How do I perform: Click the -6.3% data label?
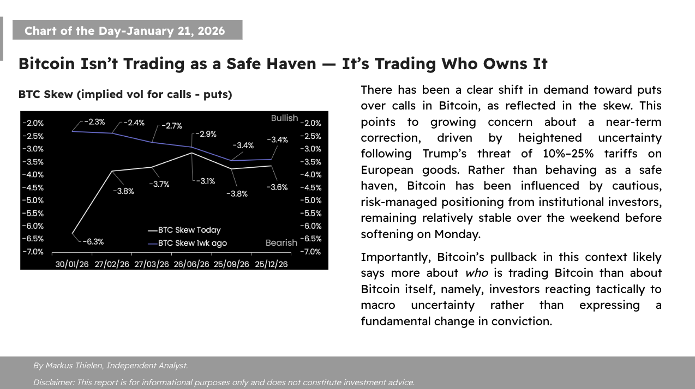click(x=94, y=242)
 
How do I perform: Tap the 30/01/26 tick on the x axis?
click(x=73, y=264)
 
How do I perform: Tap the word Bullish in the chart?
click(x=284, y=118)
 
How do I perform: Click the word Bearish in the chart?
click(x=281, y=243)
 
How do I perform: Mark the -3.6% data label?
click(x=277, y=187)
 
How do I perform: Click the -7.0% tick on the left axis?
click(x=33, y=252)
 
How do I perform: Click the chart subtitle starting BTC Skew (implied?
click(x=125, y=94)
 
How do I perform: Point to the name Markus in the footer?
click(x=62, y=366)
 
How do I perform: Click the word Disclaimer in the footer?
click(x=53, y=382)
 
